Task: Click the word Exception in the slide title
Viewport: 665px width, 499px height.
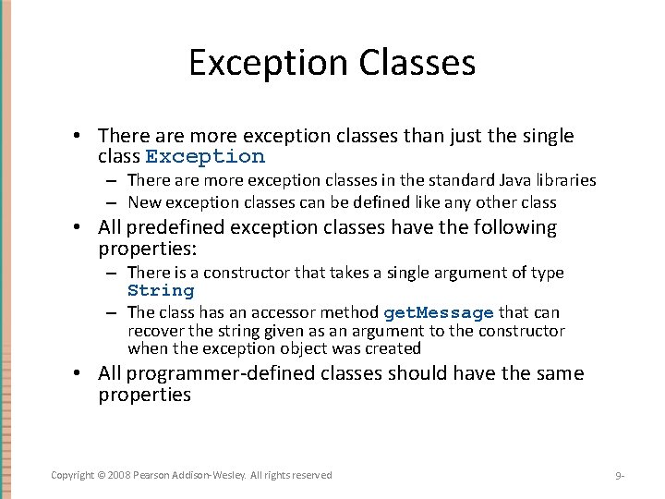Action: tap(269, 64)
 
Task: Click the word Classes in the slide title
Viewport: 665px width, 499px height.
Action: tap(417, 62)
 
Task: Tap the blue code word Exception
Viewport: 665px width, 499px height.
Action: tap(205, 157)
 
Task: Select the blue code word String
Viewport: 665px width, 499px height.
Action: tap(161, 291)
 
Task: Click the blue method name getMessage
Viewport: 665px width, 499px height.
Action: tap(439, 313)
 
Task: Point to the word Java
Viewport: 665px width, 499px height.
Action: tap(514, 180)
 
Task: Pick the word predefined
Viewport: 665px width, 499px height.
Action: tap(175, 227)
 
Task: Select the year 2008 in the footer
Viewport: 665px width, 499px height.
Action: tap(119, 475)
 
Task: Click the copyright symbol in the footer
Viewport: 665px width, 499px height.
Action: tap(101, 475)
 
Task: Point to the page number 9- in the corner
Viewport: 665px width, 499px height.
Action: tap(620, 475)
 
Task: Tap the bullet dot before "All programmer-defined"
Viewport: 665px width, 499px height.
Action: tap(77, 373)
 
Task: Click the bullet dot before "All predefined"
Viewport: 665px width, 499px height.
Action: tap(77, 227)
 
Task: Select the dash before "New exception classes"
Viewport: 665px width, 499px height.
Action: tap(112, 203)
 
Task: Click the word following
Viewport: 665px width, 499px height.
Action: tap(514, 227)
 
